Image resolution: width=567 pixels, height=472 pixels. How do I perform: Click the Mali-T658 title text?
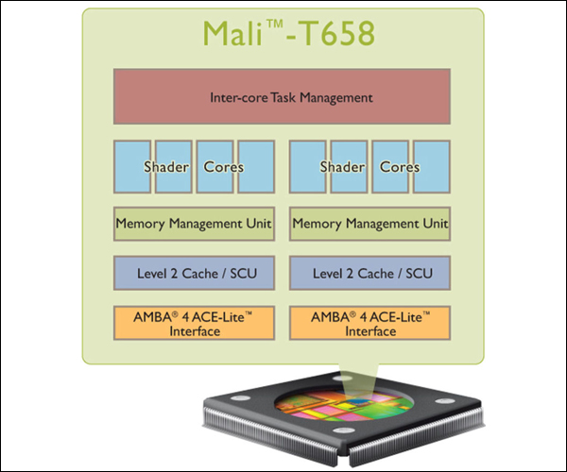click(x=288, y=32)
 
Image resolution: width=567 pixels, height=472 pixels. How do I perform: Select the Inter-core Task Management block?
click(x=282, y=97)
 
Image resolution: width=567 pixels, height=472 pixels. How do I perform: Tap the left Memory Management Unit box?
click(x=194, y=224)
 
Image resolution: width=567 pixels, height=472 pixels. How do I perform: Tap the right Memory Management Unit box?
click(x=369, y=224)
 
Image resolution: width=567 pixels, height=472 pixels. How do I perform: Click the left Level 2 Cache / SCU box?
click(x=194, y=273)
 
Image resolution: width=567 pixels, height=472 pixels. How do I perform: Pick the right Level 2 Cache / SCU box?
click(x=369, y=273)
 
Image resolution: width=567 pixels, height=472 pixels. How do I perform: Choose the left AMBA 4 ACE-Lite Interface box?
click(x=194, y=323)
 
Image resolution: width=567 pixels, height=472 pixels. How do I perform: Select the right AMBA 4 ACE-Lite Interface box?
click(x=369, y=323)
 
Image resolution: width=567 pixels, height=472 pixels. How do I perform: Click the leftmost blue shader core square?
click(x=132, y=166)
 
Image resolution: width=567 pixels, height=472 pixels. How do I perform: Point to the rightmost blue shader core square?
click(x=432, y=166)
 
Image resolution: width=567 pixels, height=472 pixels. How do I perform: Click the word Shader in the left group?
click(x=166, y=167)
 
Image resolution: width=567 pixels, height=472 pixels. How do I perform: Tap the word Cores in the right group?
click(x=400, y=167)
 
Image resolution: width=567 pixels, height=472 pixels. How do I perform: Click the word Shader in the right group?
click(x=342, y=167)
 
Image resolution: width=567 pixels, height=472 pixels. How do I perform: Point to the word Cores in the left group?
click(x=223, y=167)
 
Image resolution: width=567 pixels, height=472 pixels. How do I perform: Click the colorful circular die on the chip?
click(x=344, y=404)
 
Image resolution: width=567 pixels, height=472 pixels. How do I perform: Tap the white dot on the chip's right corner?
click(x=444, y=401)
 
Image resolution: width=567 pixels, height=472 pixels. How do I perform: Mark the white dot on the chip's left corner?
click(x=240, y=398)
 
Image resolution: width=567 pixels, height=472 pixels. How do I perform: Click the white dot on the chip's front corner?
click(x=344, y=430)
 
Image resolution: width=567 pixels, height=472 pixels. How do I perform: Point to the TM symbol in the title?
click(x=275, y=24)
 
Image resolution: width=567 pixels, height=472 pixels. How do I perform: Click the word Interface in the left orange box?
click(x=195, y=331)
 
